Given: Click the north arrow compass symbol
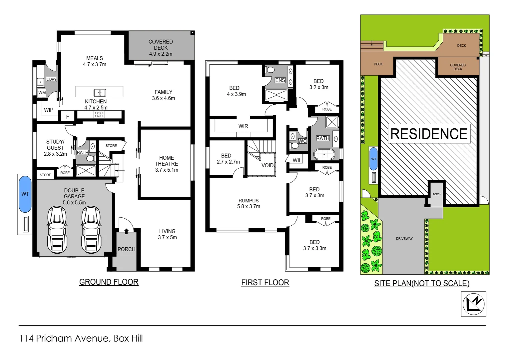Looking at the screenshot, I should tap(473, 304).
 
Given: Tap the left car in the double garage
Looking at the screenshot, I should tap(57, 230).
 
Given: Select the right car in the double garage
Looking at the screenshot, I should tap(91, 230).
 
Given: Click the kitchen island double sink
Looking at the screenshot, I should tap(99, 93).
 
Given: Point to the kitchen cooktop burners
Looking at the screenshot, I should tap(99, 115).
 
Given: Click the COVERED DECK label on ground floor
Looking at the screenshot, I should tap(161, 48).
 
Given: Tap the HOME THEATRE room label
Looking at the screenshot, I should tap(167, 164).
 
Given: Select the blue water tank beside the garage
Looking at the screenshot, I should tap(25, 194).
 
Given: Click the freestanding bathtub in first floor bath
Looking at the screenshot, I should tap(324, 154).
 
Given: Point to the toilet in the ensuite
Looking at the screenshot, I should tap(270, 70).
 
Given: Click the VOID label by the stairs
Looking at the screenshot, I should tap(267, 165).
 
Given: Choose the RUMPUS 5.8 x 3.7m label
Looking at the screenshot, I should tap(249, 203).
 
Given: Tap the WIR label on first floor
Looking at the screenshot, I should tap(243, 126).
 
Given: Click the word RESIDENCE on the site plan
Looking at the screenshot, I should tap(429, 134).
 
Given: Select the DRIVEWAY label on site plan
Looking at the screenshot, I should tap(404, 239).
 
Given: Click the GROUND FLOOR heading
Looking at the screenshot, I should tap(109, 282).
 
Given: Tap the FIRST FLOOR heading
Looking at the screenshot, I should tap(265, 283).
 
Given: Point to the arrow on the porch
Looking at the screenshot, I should tap(127, 231).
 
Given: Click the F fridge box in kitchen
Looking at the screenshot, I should tap(68, 117).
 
